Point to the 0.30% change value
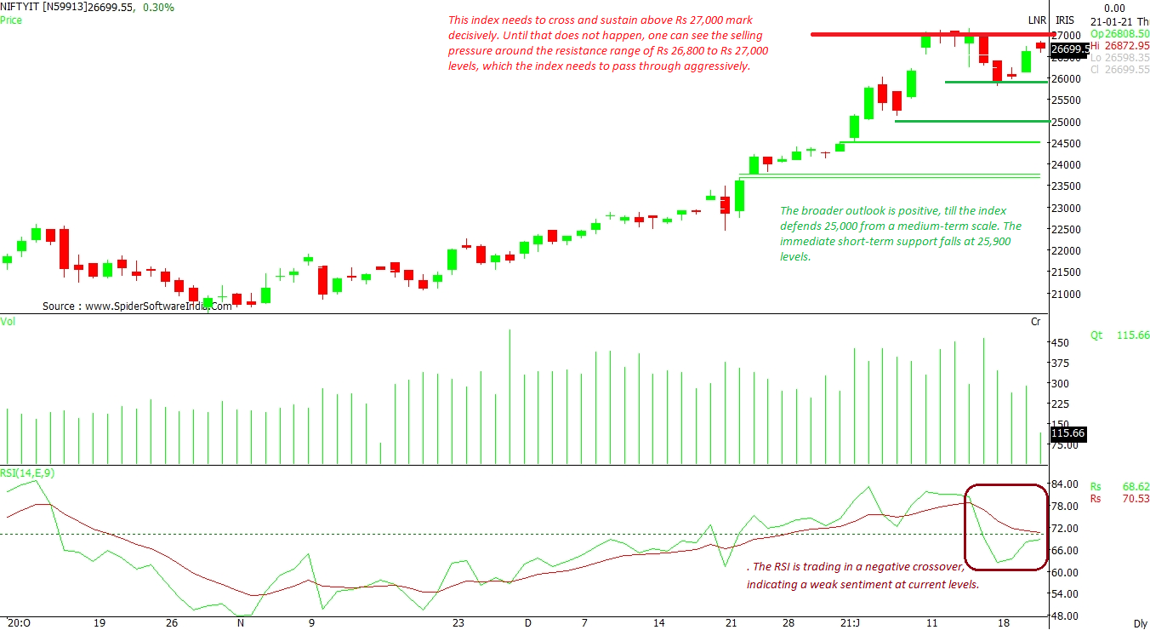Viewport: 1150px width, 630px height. tap(157, 7)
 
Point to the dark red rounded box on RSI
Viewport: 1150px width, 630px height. tap(1005, 527)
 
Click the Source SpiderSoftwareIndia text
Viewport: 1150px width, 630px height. tap(137, 306)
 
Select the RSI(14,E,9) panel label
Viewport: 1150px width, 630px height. tap(28, 473)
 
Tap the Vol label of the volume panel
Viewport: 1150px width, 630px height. tap(8, 322)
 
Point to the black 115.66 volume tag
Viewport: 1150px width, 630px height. tap(1067, 433)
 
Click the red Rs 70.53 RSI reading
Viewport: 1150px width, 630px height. tap(1119, 499)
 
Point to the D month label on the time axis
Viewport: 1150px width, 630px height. tap(528, 622)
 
